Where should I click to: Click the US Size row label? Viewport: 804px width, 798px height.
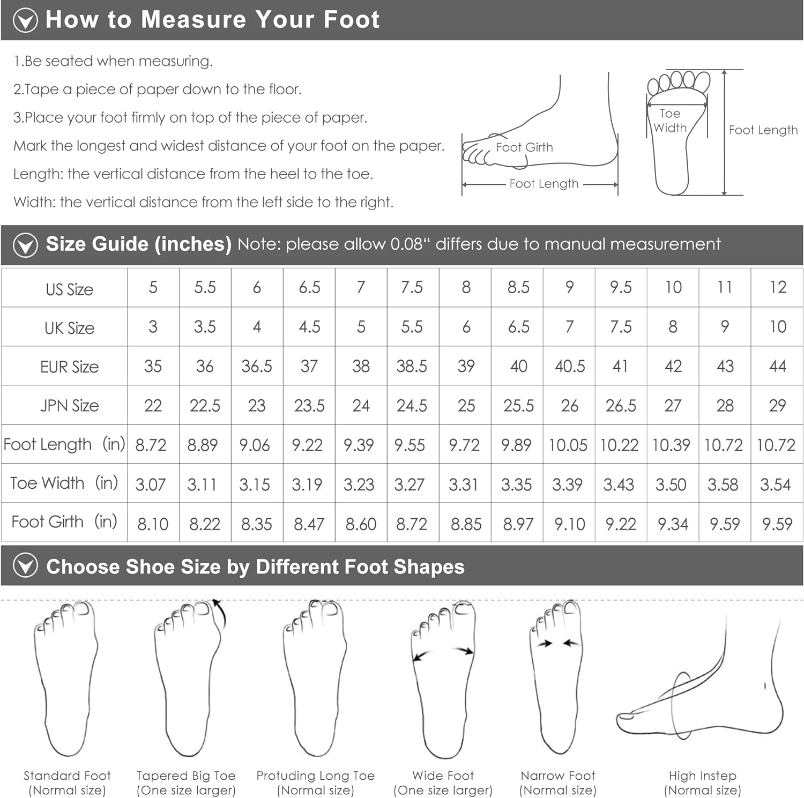(x=69, y=289)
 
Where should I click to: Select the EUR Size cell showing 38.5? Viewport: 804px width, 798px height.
(x=412, y=366)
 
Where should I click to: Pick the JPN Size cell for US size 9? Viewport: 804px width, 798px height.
(x=569, y=405)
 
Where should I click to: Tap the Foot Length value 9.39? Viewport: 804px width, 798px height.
(x=359, y=445)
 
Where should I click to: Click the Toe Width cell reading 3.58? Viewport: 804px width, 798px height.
(x=723, y=484)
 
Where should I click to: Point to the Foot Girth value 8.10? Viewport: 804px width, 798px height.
(x=153, y=524)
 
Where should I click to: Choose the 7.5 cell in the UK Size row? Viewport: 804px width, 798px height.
(x=621, y=326)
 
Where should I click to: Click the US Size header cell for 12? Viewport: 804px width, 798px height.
(x=778, y=287)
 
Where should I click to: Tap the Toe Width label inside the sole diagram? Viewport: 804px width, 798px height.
(x=670, y=121)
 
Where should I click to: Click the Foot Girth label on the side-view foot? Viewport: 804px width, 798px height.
(x=524, y=147)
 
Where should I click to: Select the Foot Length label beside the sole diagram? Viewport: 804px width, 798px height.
(x=763, y=130)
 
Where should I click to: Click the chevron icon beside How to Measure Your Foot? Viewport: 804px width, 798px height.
(x=25, y=20)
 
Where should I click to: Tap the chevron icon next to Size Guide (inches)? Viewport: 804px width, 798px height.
(x=25, y=245)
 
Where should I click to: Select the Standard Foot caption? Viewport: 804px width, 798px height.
(x=67, y=775)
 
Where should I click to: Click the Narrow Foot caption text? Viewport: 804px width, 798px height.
(x=558, y=775)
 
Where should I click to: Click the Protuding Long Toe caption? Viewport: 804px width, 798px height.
(x=315, y=775)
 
